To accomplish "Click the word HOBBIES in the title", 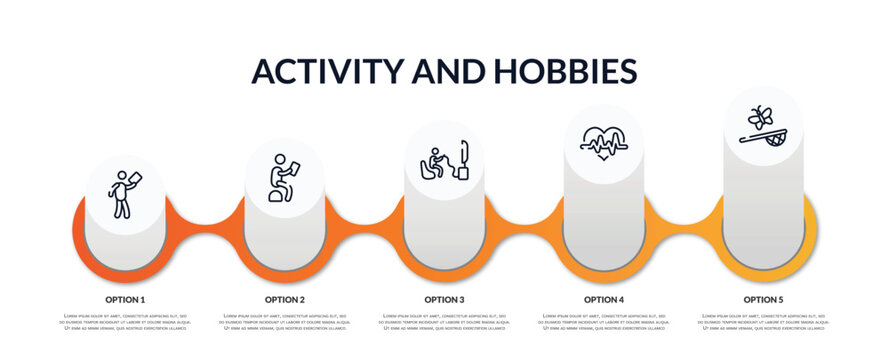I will [569, 71].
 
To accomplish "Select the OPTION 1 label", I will [125, 299].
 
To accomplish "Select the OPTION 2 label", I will [285, 299].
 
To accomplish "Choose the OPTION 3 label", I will [444, 299].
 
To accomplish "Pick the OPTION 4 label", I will [604, 299].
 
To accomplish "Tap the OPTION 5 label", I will [763, 299].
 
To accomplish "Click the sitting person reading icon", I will [284, 177].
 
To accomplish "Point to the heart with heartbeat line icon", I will [603, 143].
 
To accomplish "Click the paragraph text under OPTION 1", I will [125, 322].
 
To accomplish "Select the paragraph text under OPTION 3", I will [444, 322].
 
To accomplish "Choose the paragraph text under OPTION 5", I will [763, 322].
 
